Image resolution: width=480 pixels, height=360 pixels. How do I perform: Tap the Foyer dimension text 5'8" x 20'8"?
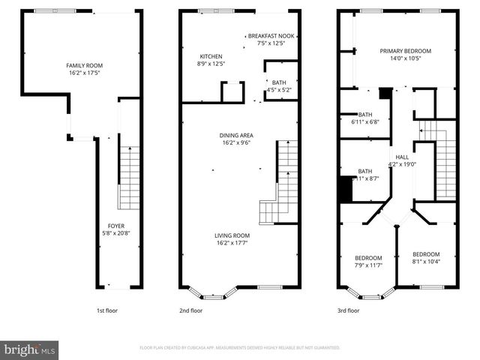[x=115, y=233]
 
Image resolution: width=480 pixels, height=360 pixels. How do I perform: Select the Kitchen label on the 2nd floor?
[x=211, y=56]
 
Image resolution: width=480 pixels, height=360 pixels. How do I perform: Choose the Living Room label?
[x=234, y=235]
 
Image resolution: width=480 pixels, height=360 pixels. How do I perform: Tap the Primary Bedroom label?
[x=405, y=51]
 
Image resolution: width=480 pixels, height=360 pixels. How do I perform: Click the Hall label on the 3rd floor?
[x=402, y=157]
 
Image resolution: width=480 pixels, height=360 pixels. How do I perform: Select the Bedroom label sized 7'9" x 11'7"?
[x=368, y=258]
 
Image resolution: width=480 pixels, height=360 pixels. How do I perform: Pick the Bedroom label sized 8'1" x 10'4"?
[x=425, y=254]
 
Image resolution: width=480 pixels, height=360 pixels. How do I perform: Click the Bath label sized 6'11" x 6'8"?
[x=365, y=115]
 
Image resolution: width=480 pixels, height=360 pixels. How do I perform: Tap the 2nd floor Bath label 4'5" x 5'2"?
[x=279, y=82]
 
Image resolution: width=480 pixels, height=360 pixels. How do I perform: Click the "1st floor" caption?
[x=106, y=310]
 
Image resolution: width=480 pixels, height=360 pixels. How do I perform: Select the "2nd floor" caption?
[x=190, y=310]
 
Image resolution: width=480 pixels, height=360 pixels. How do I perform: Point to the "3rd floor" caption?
[x=348, y=310]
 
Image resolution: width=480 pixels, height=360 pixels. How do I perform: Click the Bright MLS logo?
[x=30, y=349]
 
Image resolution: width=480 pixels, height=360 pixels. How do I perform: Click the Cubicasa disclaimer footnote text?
[x=240, y=348]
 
